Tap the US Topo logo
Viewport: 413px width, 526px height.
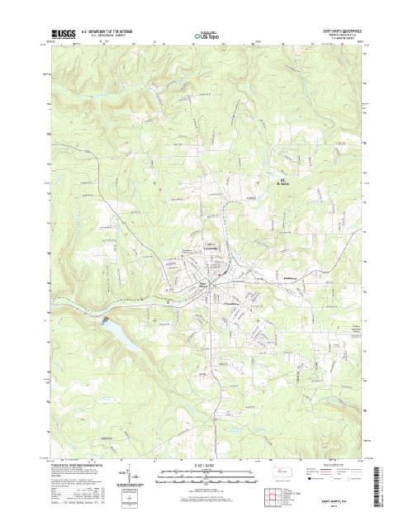[206, 36]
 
